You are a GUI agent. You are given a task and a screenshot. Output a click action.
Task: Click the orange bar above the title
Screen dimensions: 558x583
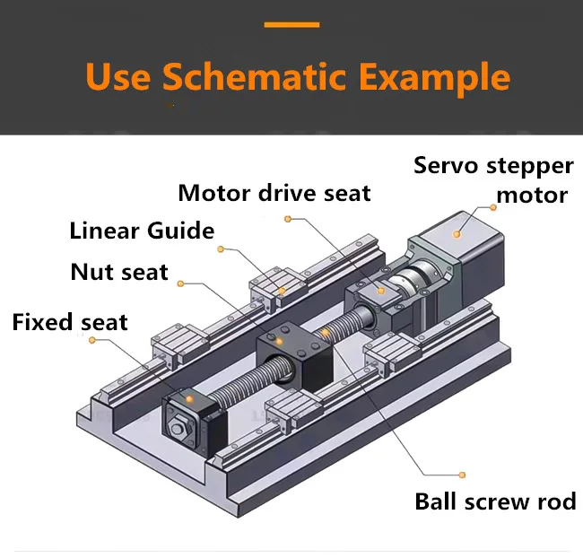(x=291, y=25)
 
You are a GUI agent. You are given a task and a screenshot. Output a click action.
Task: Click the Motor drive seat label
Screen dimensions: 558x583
(x=274, y=193)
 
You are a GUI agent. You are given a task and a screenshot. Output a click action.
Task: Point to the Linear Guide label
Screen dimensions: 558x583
(x=142, y=231)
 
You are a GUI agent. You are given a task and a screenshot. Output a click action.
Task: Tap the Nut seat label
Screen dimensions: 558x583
(x=119, y=272)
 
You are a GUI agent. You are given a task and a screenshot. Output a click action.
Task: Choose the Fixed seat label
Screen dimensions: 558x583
(x=70, y=322)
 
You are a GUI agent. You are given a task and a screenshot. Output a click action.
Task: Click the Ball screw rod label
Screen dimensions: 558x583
(x=495, y=501)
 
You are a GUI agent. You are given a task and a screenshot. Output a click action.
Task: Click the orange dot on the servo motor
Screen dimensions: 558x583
(x=457, y=233)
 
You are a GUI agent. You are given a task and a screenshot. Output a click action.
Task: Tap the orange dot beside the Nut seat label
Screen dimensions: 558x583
(x=180, y=283)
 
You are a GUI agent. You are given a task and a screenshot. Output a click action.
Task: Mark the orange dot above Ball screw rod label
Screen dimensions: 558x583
(x=462, y=474)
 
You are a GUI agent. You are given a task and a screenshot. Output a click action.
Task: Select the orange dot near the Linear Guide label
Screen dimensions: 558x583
(x=220, y=248)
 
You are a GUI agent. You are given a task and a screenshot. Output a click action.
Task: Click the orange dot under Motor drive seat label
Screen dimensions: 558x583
(x=287, y=218)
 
